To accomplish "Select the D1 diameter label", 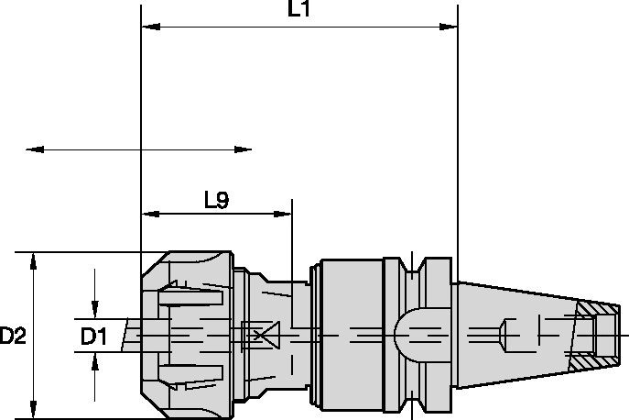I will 94,337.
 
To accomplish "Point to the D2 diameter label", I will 12,337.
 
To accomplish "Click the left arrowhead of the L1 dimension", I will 146,28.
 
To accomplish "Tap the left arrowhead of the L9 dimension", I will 146,215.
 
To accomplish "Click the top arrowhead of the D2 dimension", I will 34,259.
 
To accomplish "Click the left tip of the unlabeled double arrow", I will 29,148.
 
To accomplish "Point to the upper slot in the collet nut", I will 190,298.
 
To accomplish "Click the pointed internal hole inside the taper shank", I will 505,335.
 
